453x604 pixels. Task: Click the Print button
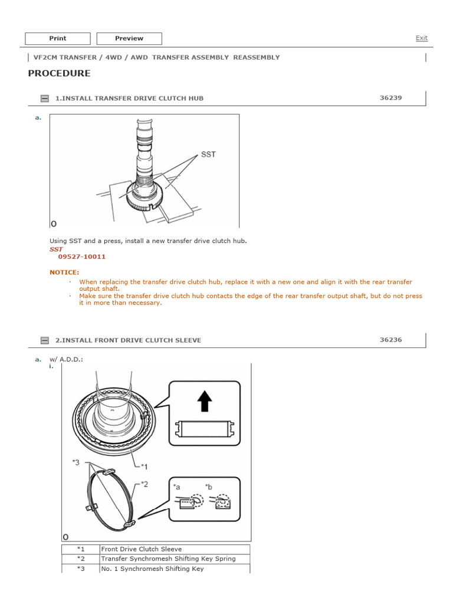[x=58, y=38]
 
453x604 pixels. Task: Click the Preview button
[x=129, y=38]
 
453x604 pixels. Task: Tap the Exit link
[x=421, y=38]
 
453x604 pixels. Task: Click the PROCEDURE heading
[x=59, y=73]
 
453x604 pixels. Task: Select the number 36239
[x=390, y=97]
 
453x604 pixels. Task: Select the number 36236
[x=390, y=340]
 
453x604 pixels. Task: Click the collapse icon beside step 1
[x=44, y=99]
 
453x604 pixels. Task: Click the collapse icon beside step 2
[x=44, y=340]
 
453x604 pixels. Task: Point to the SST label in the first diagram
[x=208, y=155]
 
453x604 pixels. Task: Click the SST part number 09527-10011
[x=82, y=257]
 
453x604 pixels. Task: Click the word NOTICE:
[x=64, y=273]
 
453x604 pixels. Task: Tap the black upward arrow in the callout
[x=205, y=402]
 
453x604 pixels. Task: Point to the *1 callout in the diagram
[x=144, y=467]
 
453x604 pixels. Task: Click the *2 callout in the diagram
[x=144, y=484]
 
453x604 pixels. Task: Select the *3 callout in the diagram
[x=76, y=462]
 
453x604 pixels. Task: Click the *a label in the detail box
[x=177, y=487]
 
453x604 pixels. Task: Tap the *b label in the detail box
[x=208, y=487]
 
